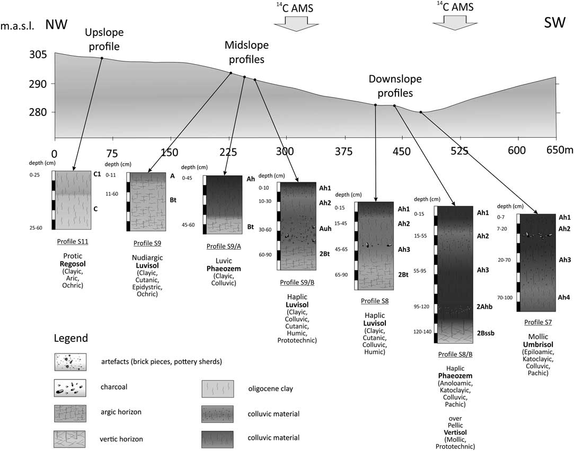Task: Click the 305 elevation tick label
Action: point(53,55)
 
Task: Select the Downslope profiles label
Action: point(395,85)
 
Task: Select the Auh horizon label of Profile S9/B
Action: point(325,231)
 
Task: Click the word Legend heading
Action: point(71,338)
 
